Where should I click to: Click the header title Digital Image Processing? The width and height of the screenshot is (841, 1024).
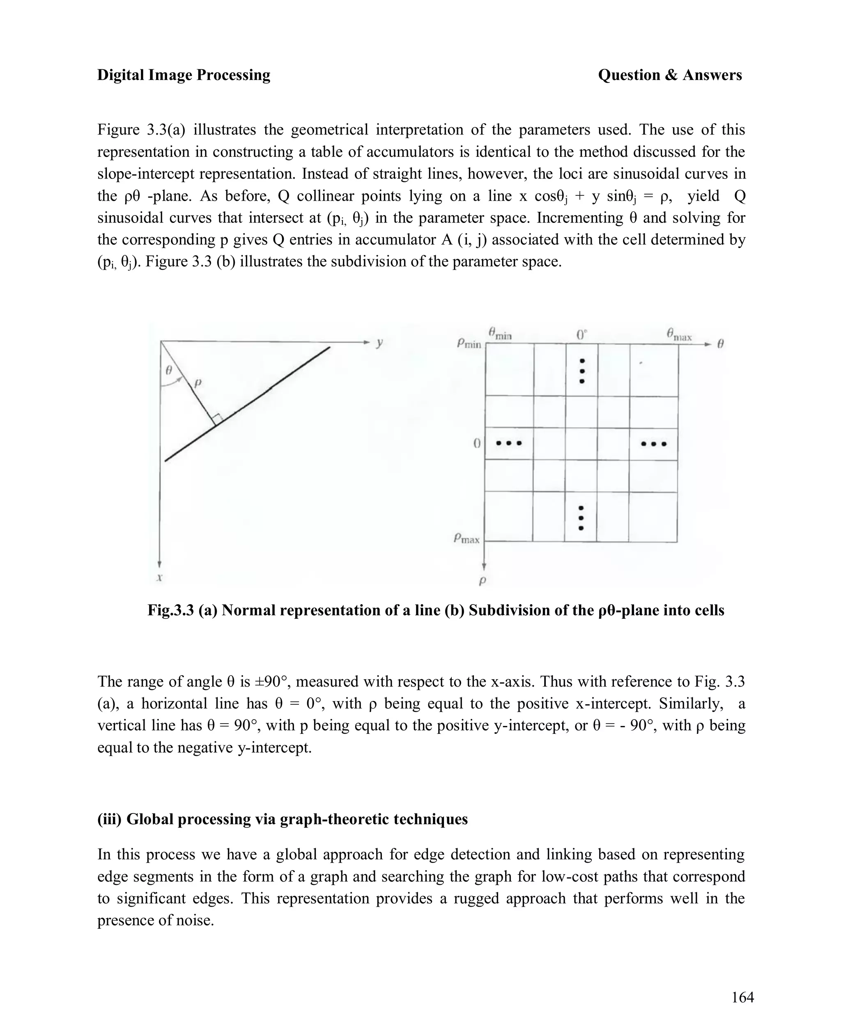click(x=184, y=75)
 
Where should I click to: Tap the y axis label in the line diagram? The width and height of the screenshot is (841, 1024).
click(x=379, y=343)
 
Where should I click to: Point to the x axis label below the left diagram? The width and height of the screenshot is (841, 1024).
click(x=159, y=577)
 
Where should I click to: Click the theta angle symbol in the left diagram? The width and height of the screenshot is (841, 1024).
click(x=169, y=370)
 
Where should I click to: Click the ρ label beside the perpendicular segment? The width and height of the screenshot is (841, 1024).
click(x=198, y=383)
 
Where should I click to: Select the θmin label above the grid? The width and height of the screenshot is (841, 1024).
click(x=500, y=333)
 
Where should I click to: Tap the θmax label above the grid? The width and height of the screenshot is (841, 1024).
click(x=679, y=334)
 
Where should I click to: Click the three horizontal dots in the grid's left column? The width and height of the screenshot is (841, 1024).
click(x=508, y=443)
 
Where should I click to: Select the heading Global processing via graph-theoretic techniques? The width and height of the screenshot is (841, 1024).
click(x=283, y=819)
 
